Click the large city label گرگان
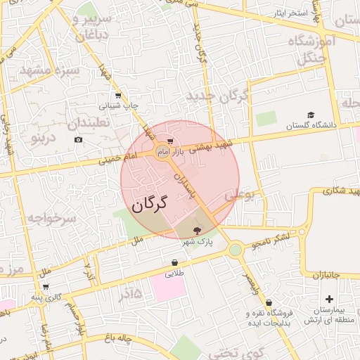point(150,205)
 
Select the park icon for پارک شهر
point(196,229)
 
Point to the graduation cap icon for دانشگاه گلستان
point(311,115)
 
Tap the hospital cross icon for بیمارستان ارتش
point(309,300)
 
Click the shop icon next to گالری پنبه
point(46,287)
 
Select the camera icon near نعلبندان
point(77,139)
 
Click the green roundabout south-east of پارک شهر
point(236,249)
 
